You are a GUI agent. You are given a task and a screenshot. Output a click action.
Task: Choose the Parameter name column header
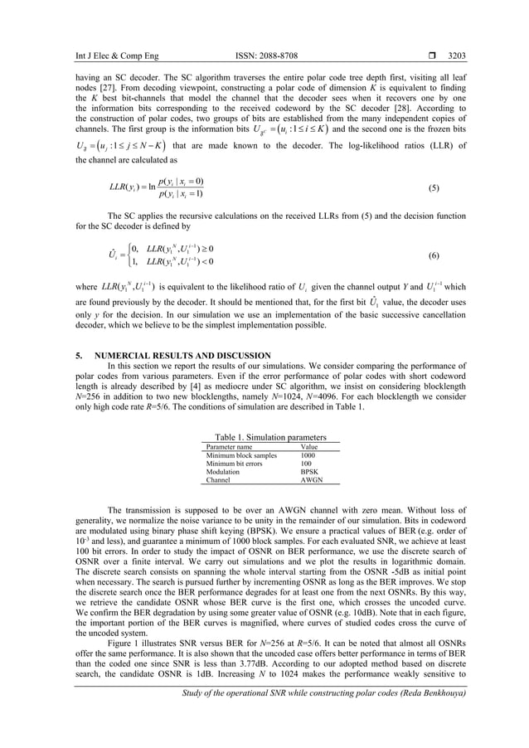[x=229, y=447]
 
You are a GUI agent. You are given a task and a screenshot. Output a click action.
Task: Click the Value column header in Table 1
[x=308, y=447]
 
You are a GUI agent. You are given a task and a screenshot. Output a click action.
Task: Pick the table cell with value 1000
[x=308, y=455]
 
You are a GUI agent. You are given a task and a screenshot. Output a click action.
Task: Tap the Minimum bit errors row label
[x=235, y=464]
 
